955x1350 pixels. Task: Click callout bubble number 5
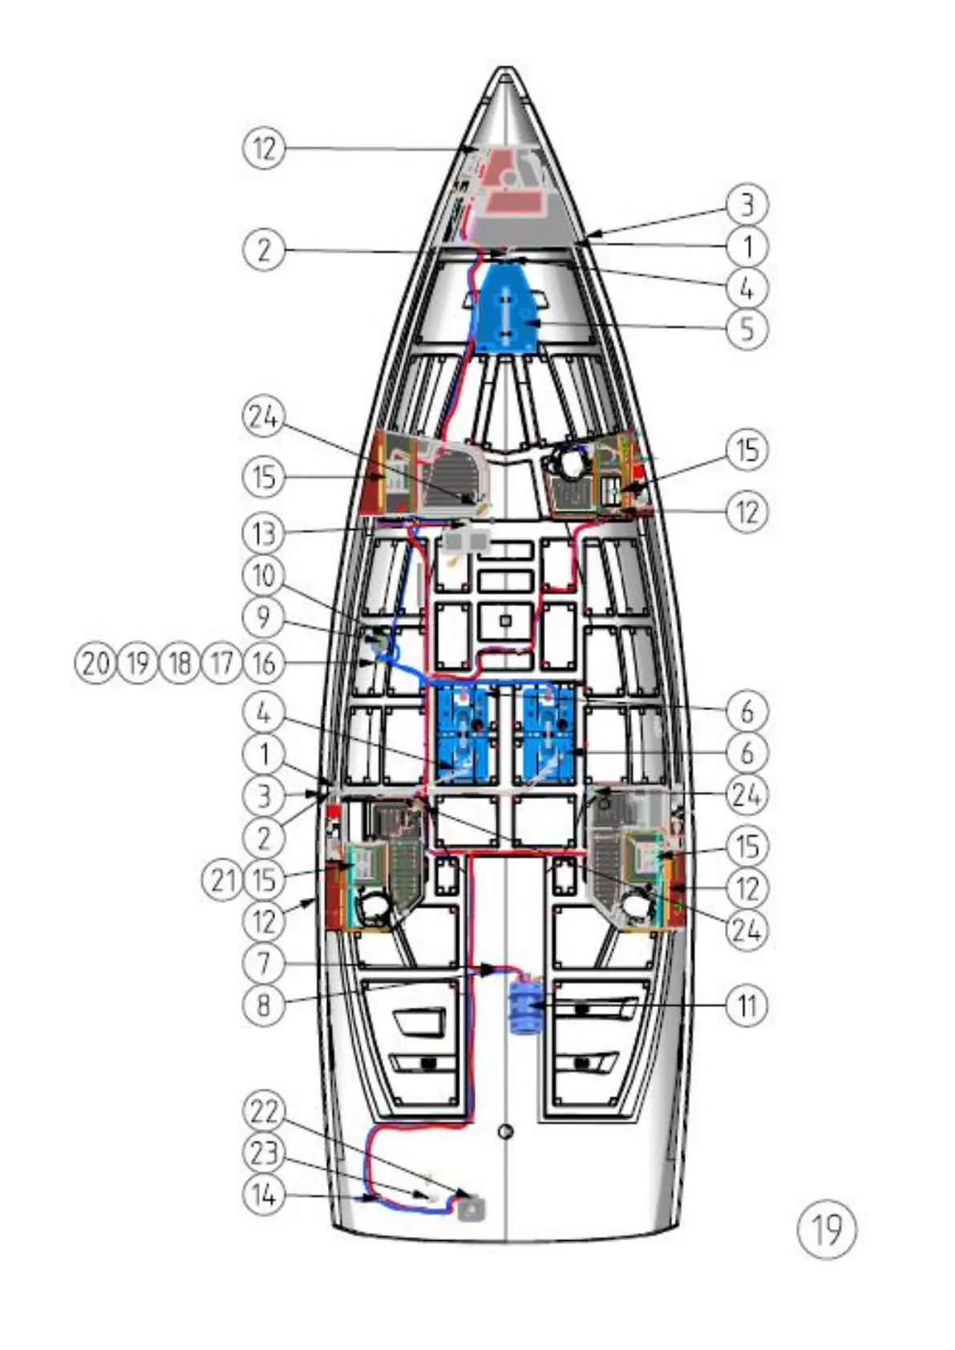click(747, 329)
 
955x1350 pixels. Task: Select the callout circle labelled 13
click(264, 533)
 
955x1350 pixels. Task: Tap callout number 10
click(264, 575)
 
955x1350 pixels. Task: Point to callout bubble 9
click(264, 617)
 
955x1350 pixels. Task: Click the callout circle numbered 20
click(95, 663)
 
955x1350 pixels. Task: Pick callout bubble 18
click(180, 663)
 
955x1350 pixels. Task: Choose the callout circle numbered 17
click(221, 663)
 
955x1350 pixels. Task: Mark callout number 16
click(264, 663)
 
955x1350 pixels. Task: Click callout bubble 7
click(264, 963)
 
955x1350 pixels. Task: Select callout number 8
click(264, 1004)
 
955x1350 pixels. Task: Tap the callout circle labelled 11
click(747, 1004)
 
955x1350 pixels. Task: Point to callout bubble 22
click(264, 1112)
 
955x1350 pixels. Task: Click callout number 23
click(264, 1154)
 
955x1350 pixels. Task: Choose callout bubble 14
click(264, 1196)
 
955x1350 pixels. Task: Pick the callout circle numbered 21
click(221, 880)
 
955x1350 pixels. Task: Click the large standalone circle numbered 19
click(827, 1229)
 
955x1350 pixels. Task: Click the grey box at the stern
click(471, 1207)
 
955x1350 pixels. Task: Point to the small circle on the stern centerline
click(505, 1131)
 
